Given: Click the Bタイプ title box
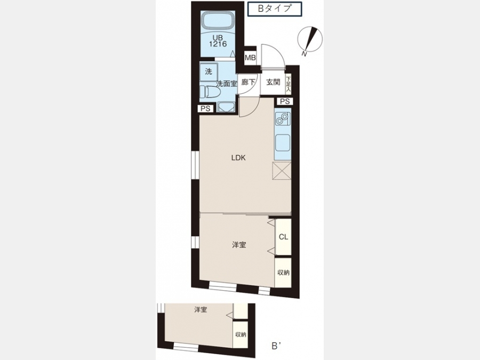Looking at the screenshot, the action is pos(275,9).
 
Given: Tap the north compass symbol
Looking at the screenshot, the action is pos(310,40).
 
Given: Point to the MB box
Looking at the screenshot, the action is pos(250,58).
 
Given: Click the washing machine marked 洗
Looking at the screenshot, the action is pos(209,72).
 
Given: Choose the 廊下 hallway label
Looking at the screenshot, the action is pos(248,82).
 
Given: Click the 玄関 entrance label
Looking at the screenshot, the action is pos(273,82).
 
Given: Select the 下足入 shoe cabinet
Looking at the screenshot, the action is pos(288,84).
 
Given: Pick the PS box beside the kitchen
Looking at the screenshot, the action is pos(284,101).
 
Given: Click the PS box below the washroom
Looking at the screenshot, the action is pos(205,108).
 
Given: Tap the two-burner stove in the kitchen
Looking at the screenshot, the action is pos(282,119).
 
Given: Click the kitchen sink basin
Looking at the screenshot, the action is pos(283,143).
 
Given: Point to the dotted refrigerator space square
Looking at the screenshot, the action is pos(282,171).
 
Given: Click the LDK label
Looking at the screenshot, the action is pos(238,158).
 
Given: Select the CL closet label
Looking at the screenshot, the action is pos(284,237).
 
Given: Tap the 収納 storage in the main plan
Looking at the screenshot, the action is pos(283,273).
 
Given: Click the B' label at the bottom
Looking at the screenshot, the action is pos(276,346).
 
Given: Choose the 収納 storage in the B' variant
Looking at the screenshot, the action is pos(241,334).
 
